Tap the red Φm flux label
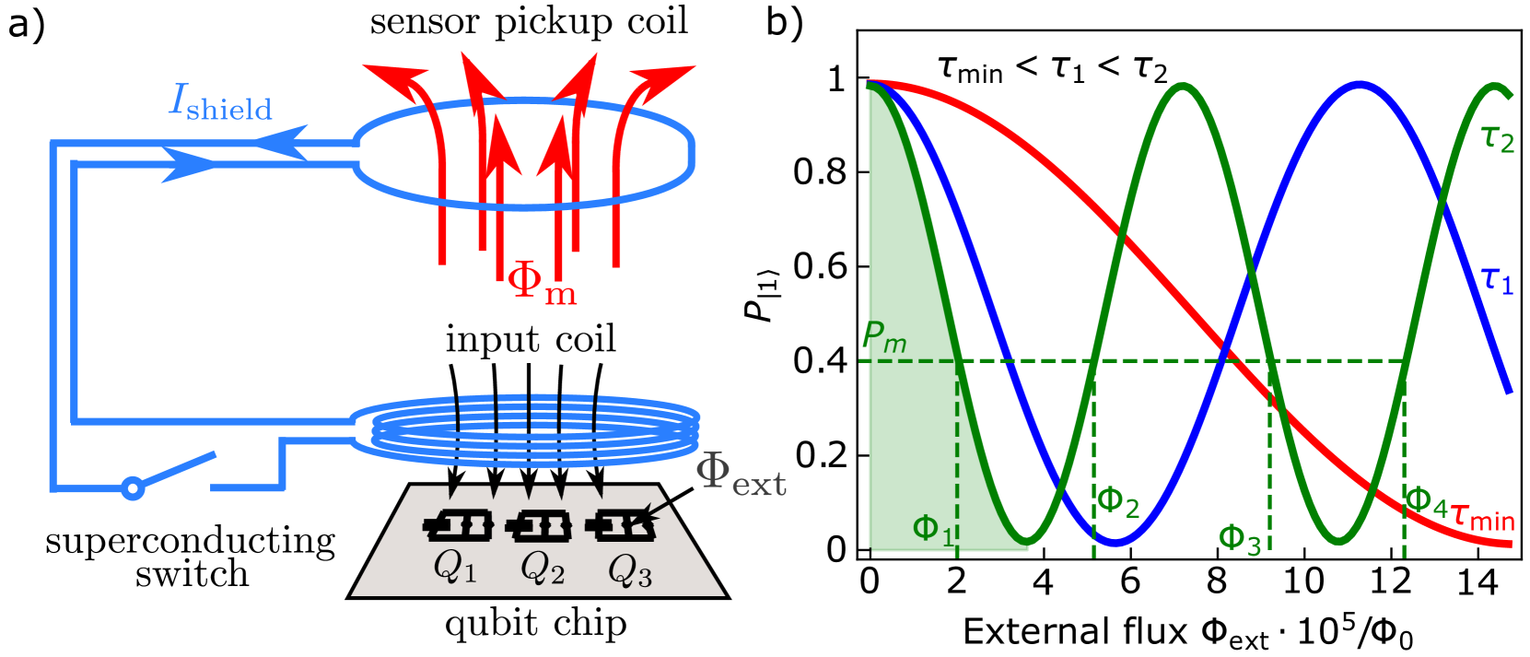click(542, 280)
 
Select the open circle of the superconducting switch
click(133, 487)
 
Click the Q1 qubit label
click(455, 566)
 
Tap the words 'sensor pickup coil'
click(529, 22)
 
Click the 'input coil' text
click(531, 340)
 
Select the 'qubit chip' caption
click(535, 624)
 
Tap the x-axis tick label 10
click(1303, 582)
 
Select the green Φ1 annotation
click(932, 530)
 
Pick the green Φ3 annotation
click(1239, 538)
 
